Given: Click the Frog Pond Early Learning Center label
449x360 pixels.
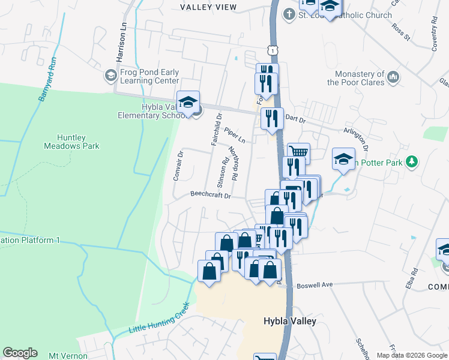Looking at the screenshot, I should pyautogui.click(x=149, y=76).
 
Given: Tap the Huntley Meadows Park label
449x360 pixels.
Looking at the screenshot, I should pyautogui.click(x=71, y=141).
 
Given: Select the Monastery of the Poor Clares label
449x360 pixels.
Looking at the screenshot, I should pyautogui.click(x=355, y=78).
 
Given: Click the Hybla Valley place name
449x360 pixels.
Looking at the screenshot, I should pyautogui.click(x=289, y=321).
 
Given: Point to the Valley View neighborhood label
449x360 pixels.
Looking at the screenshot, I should pyautogui.click(x=208, y=7).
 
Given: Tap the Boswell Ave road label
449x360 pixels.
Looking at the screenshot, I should pyautogui.click(x=315, y=285).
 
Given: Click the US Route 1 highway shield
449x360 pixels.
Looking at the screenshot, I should pyautogui.click(x=273, y=52).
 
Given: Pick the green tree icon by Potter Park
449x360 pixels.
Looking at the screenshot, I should pyautogui.click(x=411, y=161).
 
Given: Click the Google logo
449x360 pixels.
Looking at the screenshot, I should pyautogui.click(x=20, y=353).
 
